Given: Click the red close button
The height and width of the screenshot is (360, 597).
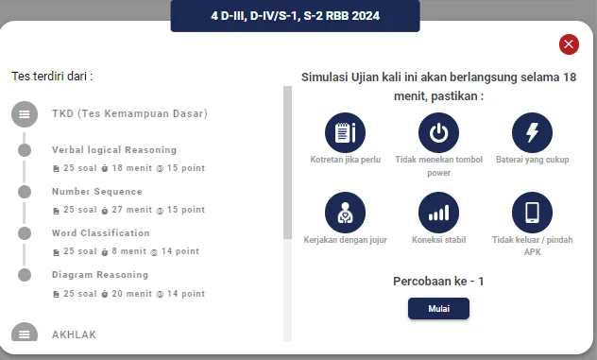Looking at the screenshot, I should click(x=569, y=44).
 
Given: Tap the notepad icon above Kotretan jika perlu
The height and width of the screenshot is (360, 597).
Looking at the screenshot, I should click(x=345, y=132).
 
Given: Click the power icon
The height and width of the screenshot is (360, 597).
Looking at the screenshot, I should click(x=438, y=132).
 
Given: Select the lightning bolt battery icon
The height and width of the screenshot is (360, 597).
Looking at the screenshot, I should click(x=532, y=132).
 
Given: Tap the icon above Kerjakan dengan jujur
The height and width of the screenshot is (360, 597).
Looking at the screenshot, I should click(x=345, y=212).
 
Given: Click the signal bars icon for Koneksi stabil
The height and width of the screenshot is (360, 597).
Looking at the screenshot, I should click(x=438, y=212).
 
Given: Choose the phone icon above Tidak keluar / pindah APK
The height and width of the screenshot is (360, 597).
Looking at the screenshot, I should click(x=532, y=212).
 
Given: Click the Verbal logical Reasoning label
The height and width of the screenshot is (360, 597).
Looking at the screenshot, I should click(x=113, y=150).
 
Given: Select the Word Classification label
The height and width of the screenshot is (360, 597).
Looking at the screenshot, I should click(x=100, y=233).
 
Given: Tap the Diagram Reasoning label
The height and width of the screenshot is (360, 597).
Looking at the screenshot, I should click(x=99, y=275).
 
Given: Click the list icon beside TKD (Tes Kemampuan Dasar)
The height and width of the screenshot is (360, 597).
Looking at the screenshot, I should click(x=25, y=114).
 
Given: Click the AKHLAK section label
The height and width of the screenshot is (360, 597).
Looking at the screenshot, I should click(x=74, y=334).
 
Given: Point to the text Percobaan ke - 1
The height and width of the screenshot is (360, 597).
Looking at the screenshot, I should click(x=437, y=281).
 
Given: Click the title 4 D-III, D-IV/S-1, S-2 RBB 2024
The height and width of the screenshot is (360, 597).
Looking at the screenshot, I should click(x=295, y=16).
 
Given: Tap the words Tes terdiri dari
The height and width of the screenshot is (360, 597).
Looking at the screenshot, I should click(x=52, y=76).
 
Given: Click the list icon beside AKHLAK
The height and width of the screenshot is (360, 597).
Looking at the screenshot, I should click(x=25, y=334).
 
